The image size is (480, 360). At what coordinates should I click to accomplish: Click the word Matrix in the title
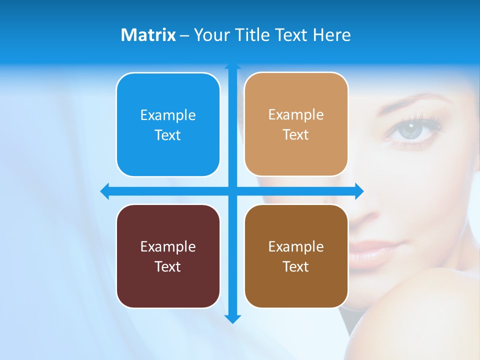click(148, 35)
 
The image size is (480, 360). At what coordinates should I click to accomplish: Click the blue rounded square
click(168, 124)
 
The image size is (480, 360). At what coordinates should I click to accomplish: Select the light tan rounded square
click(296, 124)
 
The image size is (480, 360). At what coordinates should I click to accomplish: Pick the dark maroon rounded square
click(168, 256)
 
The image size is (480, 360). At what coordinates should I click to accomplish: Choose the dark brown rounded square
click(296, 256)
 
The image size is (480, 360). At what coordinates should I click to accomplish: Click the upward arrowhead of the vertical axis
click(232, 65)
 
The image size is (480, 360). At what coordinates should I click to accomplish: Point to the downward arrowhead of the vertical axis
click(232, 318)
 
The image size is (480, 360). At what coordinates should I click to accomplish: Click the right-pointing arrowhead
click(359, 191)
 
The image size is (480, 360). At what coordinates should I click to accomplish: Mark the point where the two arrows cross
click(232, 191)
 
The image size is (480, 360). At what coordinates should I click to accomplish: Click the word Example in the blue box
click(168, 115)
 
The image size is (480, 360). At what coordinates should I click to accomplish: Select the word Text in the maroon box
click(168, 266)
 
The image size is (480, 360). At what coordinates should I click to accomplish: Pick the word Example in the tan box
click(296, 114)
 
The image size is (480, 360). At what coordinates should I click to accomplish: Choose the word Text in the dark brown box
click(296, 266)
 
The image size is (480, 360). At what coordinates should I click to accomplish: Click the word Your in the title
click(210, 35)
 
